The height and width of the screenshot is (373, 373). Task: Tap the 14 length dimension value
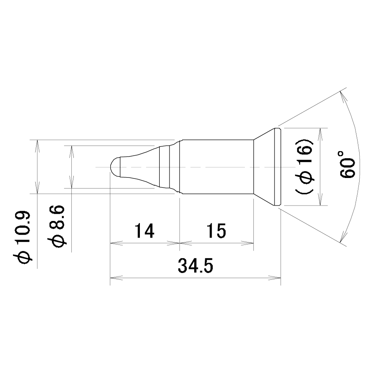pos(145,231)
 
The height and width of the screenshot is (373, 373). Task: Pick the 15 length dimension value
pos(216,231)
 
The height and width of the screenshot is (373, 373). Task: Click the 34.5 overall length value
pos(195,266)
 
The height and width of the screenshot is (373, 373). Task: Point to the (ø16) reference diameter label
pos(304,167)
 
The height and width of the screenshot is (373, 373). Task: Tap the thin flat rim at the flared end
pos(278,167)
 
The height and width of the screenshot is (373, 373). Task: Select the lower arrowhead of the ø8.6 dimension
pos(71,182)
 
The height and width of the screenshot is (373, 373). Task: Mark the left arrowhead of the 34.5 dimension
pos(116,277)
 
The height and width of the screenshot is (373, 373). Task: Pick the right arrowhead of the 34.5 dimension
pos(275,277)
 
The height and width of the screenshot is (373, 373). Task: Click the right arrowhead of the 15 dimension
pos(247,243)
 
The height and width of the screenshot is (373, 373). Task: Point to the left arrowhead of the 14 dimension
pos(116,243)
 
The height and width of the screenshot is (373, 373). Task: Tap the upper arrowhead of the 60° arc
pos(343,97)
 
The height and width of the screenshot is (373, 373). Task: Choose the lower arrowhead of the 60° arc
pos(343,236)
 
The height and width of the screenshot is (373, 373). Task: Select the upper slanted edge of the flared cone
pos(264,134)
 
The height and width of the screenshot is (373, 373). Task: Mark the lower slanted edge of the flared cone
pos(264,199)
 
